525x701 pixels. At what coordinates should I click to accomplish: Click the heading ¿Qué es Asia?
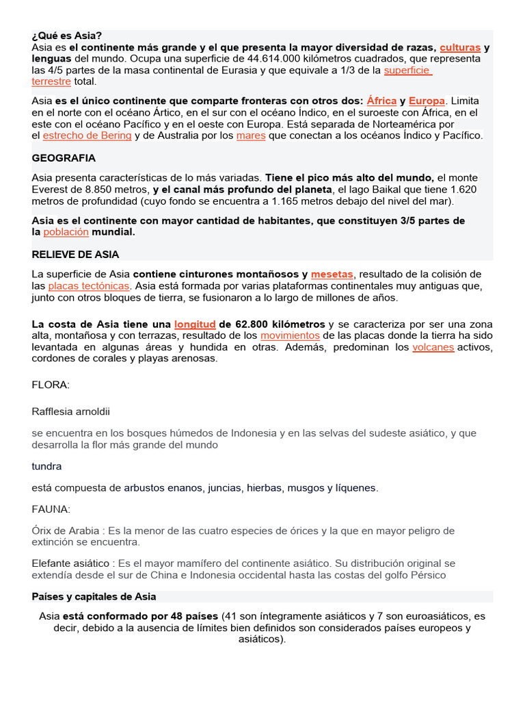point(66,36)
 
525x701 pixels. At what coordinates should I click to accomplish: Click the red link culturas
point(460,47)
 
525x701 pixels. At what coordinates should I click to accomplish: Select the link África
point(381,100)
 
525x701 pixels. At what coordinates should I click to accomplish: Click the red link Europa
point(427,100)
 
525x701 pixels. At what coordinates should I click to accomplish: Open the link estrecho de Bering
point(87,136)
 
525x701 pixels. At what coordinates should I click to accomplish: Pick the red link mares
point(251,136)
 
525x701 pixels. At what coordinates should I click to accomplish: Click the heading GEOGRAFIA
point(64,158)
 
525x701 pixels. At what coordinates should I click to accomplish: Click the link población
point(66,231)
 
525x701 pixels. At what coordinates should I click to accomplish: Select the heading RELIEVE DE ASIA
point(75,254)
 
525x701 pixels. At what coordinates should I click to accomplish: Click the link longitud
point(195,324)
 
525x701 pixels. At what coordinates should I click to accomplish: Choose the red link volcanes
point(433,347)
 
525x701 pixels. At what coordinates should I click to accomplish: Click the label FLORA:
point(51,385)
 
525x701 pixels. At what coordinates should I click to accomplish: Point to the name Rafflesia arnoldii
point(70,411)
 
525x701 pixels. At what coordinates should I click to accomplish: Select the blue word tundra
point(46,466)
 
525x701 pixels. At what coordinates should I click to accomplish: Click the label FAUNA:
point(51,509)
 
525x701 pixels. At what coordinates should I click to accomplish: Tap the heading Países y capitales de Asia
point(94,597)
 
